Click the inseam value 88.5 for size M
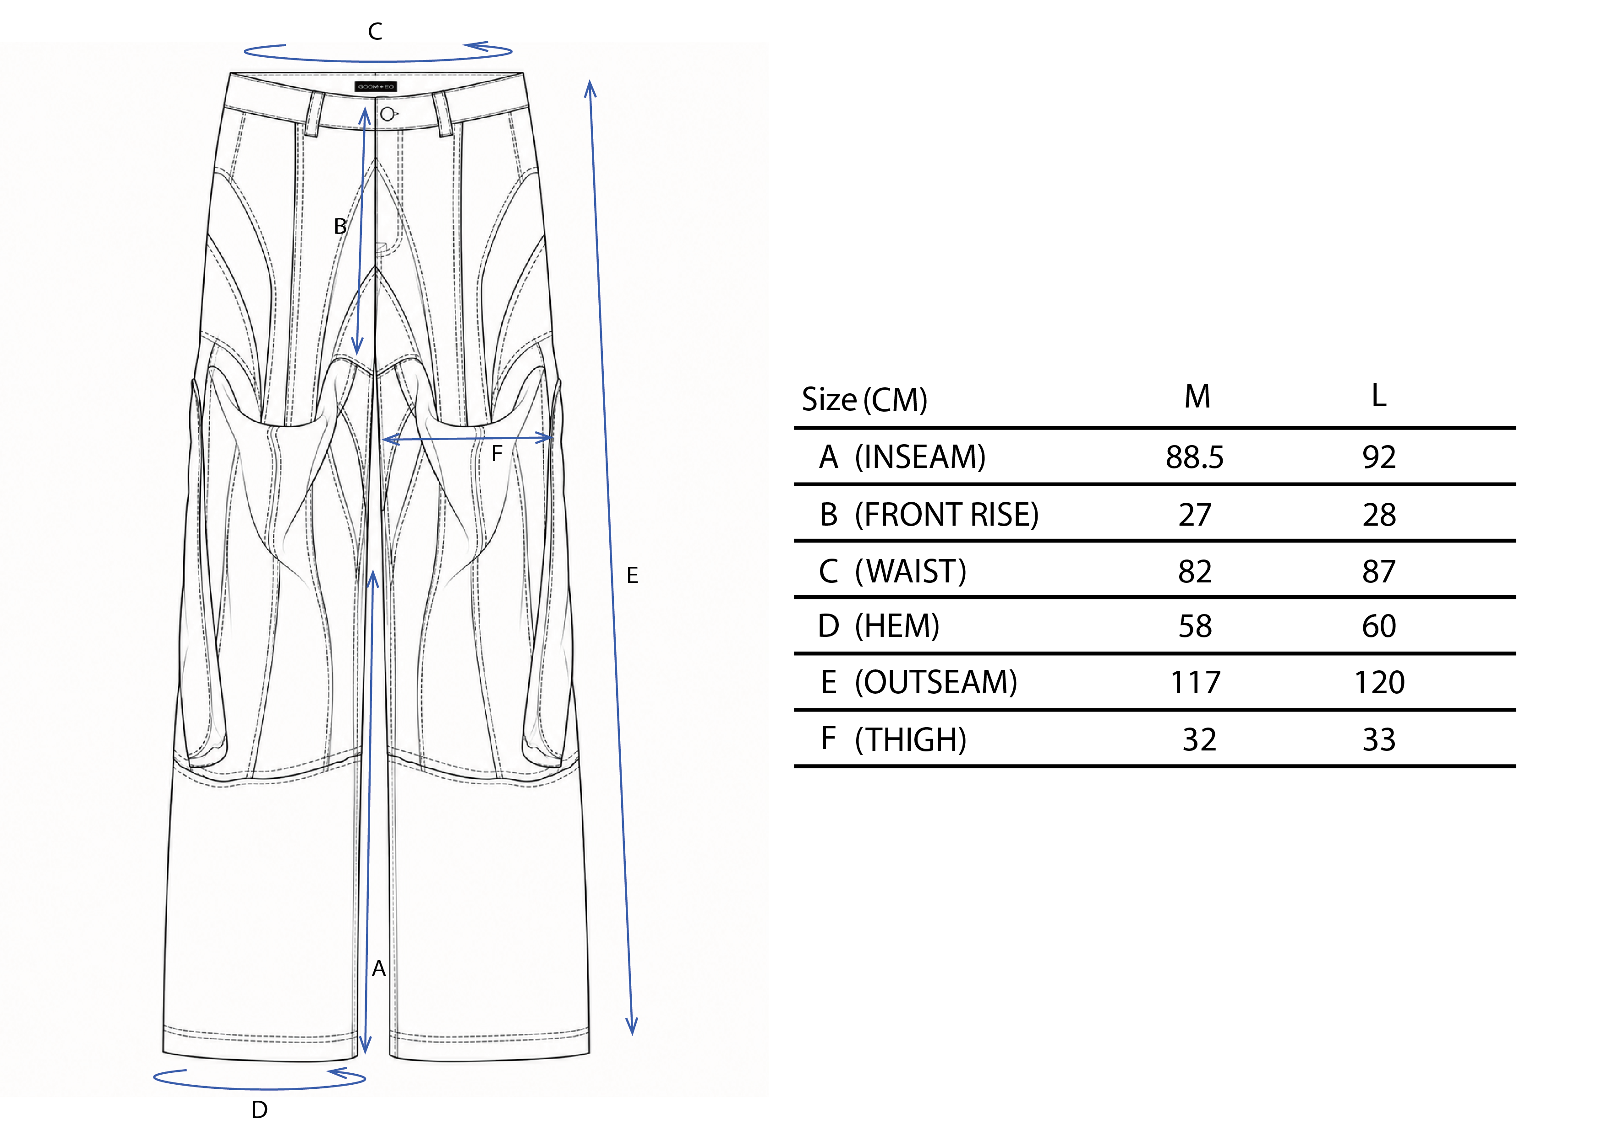(x=1194, y=457)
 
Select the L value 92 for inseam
(x=1379, y=457)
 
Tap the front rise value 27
(x=1194, y=515)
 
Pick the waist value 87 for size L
(x=1379, y=571)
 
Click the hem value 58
(x=1195, y=626)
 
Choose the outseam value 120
(x=1379, y=683)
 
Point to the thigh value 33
(x=1379, y=740)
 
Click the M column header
(x=1197, y=397)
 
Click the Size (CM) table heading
(x=864, y=400)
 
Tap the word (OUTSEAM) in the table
(x=936, y=683)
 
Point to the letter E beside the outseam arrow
(x=632, y=576)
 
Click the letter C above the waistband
(x=375, y=32)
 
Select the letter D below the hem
(x=260, y=1110)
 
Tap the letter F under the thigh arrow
(x=497, y=454)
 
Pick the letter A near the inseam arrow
(x=379, y=969)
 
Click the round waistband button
(x=387, y=114)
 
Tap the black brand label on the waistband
(x=376, y=87)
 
